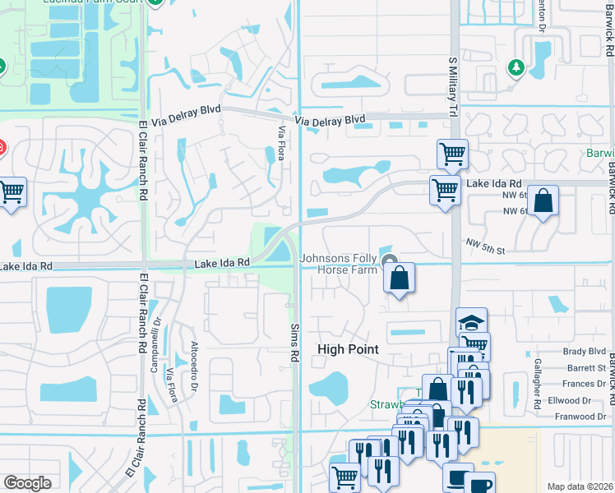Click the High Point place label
tap(348, 349)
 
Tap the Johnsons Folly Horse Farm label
tap(338, 264)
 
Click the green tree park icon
tap(516, 67)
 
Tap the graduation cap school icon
tap(472, 321)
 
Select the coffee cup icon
tap(481, 486)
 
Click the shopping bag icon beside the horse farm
tap(399, 277)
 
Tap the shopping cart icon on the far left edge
tap(12, 193)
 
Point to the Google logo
tap(28, 483)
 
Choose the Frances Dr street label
tap(583, 384)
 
